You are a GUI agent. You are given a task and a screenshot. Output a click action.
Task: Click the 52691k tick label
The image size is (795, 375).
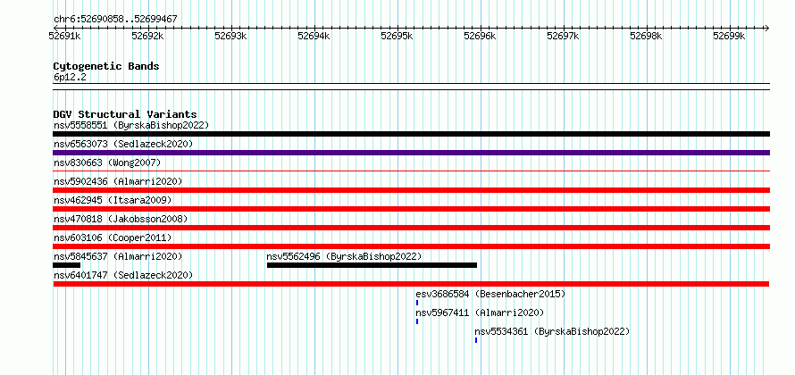[64, 36]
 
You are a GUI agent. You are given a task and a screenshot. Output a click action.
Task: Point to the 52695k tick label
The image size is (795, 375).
[396, 36]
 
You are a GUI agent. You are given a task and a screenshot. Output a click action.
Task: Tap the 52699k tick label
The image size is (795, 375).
[729, 36]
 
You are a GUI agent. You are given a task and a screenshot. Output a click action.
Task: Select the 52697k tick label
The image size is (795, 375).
[562, 36]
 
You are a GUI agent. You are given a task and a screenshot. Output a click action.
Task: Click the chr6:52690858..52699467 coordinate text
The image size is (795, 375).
[115, 20]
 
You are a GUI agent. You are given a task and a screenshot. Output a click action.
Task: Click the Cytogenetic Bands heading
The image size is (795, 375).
[106, 66]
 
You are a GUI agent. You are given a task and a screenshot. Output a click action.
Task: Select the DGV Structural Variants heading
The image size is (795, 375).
[125, 114]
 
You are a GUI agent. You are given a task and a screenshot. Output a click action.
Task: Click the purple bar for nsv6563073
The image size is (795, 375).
[411, 153]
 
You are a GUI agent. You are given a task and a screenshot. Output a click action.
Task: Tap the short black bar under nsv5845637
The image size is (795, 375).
[66, 265]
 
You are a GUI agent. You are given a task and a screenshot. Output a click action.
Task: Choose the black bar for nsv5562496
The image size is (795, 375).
[372, 265]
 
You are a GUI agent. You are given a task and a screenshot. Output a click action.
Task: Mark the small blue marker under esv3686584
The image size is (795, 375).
[417, 303]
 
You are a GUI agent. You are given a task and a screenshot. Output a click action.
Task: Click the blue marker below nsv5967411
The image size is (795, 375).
[417, 321]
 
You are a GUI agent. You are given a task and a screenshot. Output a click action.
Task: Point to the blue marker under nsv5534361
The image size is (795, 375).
[476, 340]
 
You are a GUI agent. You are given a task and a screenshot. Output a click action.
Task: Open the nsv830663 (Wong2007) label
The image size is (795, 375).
[107, 162]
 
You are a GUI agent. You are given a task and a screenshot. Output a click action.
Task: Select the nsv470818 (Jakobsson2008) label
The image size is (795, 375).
[121, 219]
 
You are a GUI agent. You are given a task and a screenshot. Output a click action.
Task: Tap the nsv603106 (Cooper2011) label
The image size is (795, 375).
[113, 237]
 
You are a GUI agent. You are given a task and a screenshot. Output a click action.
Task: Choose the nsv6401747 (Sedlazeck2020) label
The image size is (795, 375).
[123, 275]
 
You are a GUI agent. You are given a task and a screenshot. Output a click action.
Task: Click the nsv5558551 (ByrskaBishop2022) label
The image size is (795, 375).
[131, 125]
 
